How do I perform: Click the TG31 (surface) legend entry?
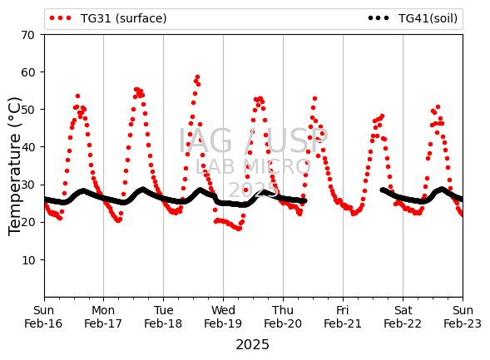(x=108, y=18)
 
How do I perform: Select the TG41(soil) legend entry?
(x=413, y=18)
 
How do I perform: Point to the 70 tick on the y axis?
(x=27, y=35)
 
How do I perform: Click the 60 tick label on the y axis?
(x=27, y=72)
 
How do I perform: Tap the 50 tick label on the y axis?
(x=27, y=110)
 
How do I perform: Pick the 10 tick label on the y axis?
(x=27, y=260)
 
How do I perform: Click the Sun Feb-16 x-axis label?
(x=43, y=317)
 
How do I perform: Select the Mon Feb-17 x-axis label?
(x=103, y=317)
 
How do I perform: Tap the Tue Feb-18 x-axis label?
(x=163, y=317)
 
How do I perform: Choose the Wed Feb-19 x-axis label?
(x=223, y=317)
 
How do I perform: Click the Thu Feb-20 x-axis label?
(x=283, y=317)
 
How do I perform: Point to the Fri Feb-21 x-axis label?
(x=343, y=317)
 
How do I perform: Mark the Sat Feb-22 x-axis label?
(x=403, y=317)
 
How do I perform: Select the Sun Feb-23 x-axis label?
(x=463, y=317)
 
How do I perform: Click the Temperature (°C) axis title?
(x=14, y=166)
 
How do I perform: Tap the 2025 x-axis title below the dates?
(x=253, y=345)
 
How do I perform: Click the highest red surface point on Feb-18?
(x=197, y=77)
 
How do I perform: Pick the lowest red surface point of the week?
(x=239, y=229)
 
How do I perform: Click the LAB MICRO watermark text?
(x=253, y=167)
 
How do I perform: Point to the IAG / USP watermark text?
(x=253, y=141)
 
